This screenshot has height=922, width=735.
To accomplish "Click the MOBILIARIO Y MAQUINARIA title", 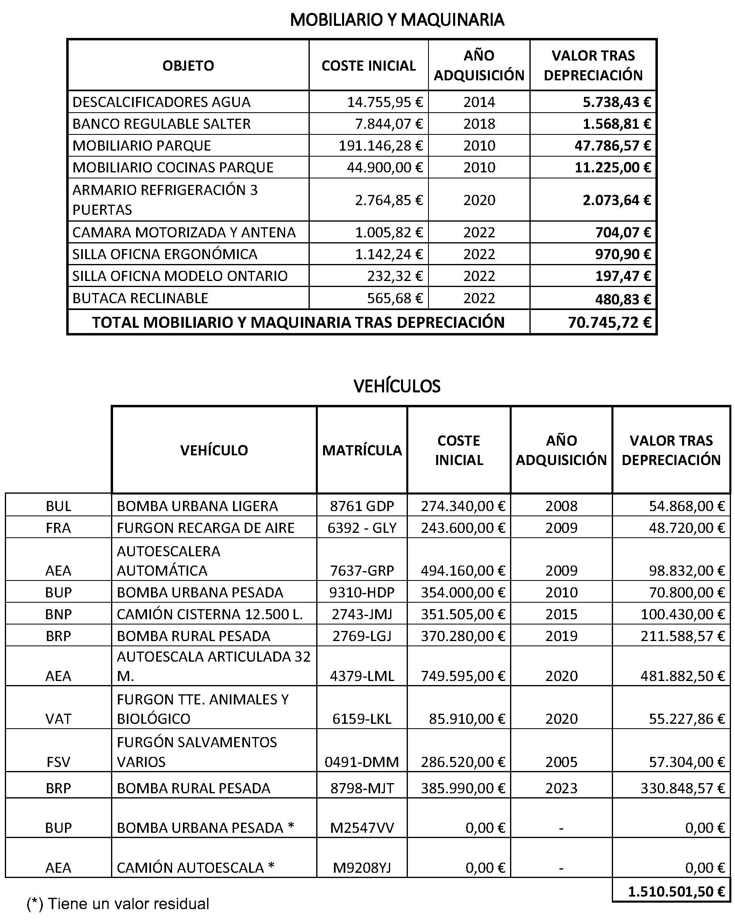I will pyautogui.click(x=397, y=20).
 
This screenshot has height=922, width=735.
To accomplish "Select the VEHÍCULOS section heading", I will pyautogui.click(x=397, y=386).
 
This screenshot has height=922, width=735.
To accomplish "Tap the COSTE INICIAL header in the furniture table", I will pyautogui.click(x=368, y=65).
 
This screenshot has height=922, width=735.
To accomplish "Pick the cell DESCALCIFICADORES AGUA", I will pyautogui.click(x=161, y=102).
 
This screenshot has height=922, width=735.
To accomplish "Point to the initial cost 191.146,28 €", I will pyautogui.click(x=380, y=146).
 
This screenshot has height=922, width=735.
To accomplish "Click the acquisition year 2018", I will pyautogui.click(x=479, y=124).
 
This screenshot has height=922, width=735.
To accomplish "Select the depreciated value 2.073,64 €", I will pyautogui.click(x=617, y=200).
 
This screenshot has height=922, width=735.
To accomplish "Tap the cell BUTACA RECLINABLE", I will pyautogui.click(x=140, y=298).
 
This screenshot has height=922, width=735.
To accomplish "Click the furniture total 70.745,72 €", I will pyautogui.click(x=610, y=323).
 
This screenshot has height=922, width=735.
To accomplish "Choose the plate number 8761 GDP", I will pyautogui.click(x=362, y=506).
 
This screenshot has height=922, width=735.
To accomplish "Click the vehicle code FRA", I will pyautogui.click(x=58, y=528).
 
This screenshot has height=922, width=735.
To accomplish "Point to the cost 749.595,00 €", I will pyautogui.click(x=463, y=676).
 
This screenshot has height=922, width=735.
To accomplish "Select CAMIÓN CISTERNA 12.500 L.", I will pyautogui.click(x=210, y=614).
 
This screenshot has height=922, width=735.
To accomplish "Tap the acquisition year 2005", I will pyautogui.click(x=561, y=762).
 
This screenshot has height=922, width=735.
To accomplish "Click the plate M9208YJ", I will pyautogui.click(x=362, y=867).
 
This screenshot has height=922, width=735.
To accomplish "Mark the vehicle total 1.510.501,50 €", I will pyautogui.click(x=676, y=891).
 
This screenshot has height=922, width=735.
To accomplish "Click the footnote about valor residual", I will pyautogui.click(x=118, y=903).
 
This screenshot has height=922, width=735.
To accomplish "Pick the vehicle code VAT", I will pyautogui.click(x=58, y=719).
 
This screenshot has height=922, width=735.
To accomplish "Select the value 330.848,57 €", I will pyautogui.click(x=682, y=788).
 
